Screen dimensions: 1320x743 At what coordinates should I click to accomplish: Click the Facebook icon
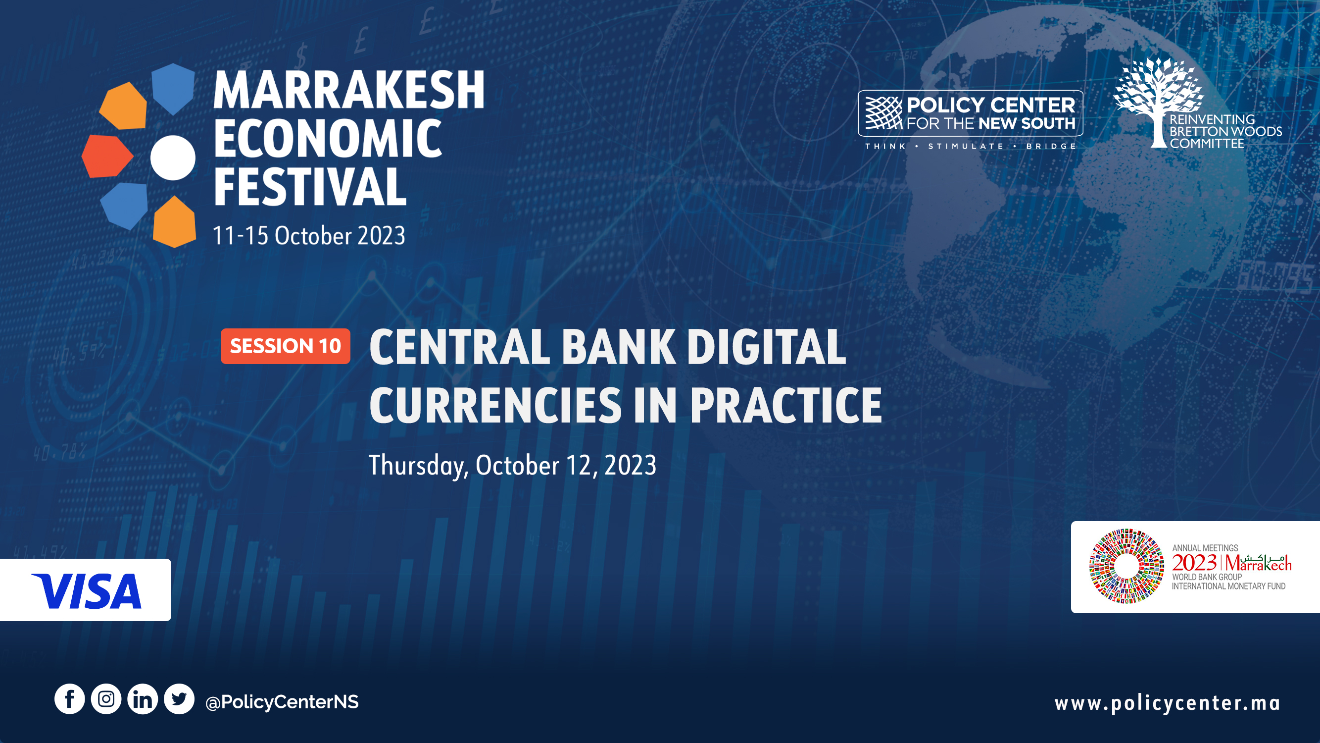69,699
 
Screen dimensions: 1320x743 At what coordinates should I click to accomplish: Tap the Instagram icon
106,699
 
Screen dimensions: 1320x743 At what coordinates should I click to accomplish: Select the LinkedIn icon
143,699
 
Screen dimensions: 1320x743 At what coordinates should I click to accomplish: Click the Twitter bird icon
179,699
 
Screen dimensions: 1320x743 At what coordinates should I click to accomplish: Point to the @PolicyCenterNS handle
282,701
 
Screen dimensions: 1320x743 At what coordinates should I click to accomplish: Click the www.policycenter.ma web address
1167,703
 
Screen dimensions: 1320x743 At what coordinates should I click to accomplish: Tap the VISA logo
86,591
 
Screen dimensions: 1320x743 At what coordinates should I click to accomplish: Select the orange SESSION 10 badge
286,346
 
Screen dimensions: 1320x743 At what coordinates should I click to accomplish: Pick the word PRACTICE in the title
786,405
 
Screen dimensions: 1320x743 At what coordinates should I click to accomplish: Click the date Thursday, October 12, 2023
512,466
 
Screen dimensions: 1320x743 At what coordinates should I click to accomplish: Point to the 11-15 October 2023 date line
309,236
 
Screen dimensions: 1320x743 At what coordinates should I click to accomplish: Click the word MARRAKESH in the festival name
349,90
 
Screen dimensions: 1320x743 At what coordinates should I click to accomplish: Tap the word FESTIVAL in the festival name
310,186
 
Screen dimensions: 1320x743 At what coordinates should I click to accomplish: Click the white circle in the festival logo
173,158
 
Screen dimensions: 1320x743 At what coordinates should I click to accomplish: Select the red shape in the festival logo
106,156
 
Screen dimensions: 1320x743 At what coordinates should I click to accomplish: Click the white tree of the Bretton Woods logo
1159,101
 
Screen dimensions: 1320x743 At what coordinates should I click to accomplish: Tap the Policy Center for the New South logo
971,113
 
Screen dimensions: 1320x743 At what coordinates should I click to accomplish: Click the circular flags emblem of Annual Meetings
1126,566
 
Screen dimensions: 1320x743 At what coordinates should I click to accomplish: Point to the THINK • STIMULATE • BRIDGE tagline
971,146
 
